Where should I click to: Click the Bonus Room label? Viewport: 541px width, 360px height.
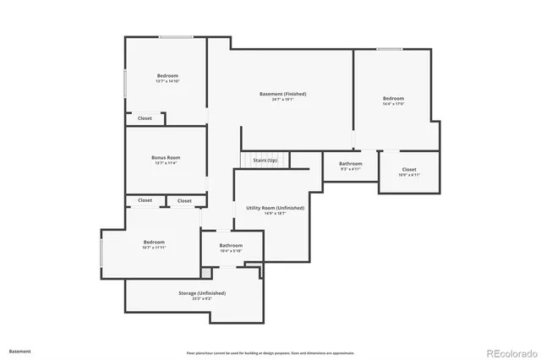point(166,157)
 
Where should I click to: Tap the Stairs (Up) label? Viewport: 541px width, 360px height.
point(265,160)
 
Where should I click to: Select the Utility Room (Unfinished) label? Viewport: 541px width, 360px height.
point(275,207)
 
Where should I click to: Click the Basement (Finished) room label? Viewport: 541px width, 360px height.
point(282,94)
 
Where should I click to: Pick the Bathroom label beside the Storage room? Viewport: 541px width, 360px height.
point(231,246)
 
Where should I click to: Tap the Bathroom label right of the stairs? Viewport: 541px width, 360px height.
point(351,163)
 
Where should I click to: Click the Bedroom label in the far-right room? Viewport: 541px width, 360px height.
point(393,99)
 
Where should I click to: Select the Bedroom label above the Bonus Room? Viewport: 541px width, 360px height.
point(167,76)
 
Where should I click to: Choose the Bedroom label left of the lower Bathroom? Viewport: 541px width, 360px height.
point(153,242)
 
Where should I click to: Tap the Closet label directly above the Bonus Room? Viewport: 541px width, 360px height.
point(145,118)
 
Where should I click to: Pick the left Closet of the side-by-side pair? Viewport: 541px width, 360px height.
point(145,200)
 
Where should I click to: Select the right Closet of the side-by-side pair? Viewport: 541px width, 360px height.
point(184,200)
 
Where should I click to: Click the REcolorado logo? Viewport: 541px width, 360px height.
point(509,352)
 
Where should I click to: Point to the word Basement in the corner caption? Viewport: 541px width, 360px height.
point(19,351)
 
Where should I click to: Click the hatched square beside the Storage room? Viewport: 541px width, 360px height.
point(205,272)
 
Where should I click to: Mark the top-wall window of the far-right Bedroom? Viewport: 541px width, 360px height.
point(389,49)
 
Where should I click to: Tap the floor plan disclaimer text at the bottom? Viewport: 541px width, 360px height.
point(270,352)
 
